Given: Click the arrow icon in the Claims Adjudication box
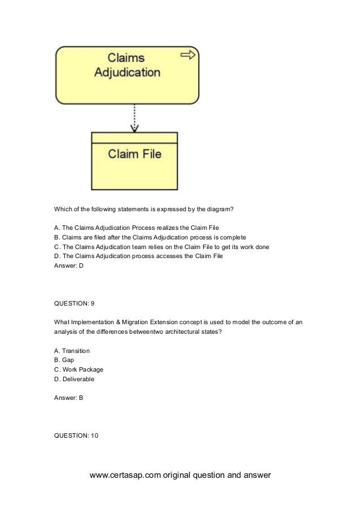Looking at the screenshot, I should tap(188, 55).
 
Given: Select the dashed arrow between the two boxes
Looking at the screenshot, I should tap(134, 119).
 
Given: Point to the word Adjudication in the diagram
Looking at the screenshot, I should tap(126, 72).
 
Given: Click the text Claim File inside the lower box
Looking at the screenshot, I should tap(134, 154).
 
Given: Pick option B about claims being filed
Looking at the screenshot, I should tap(150, 237).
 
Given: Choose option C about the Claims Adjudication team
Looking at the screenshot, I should tap(161, 247).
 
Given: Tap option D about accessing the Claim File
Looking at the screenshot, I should tap(138, 256).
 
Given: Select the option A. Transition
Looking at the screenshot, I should tap(72, 351).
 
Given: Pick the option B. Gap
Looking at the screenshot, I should tap(64, 360).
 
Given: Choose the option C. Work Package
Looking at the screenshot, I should tap(78, 369).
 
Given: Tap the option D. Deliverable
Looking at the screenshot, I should tap(74, 379).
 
